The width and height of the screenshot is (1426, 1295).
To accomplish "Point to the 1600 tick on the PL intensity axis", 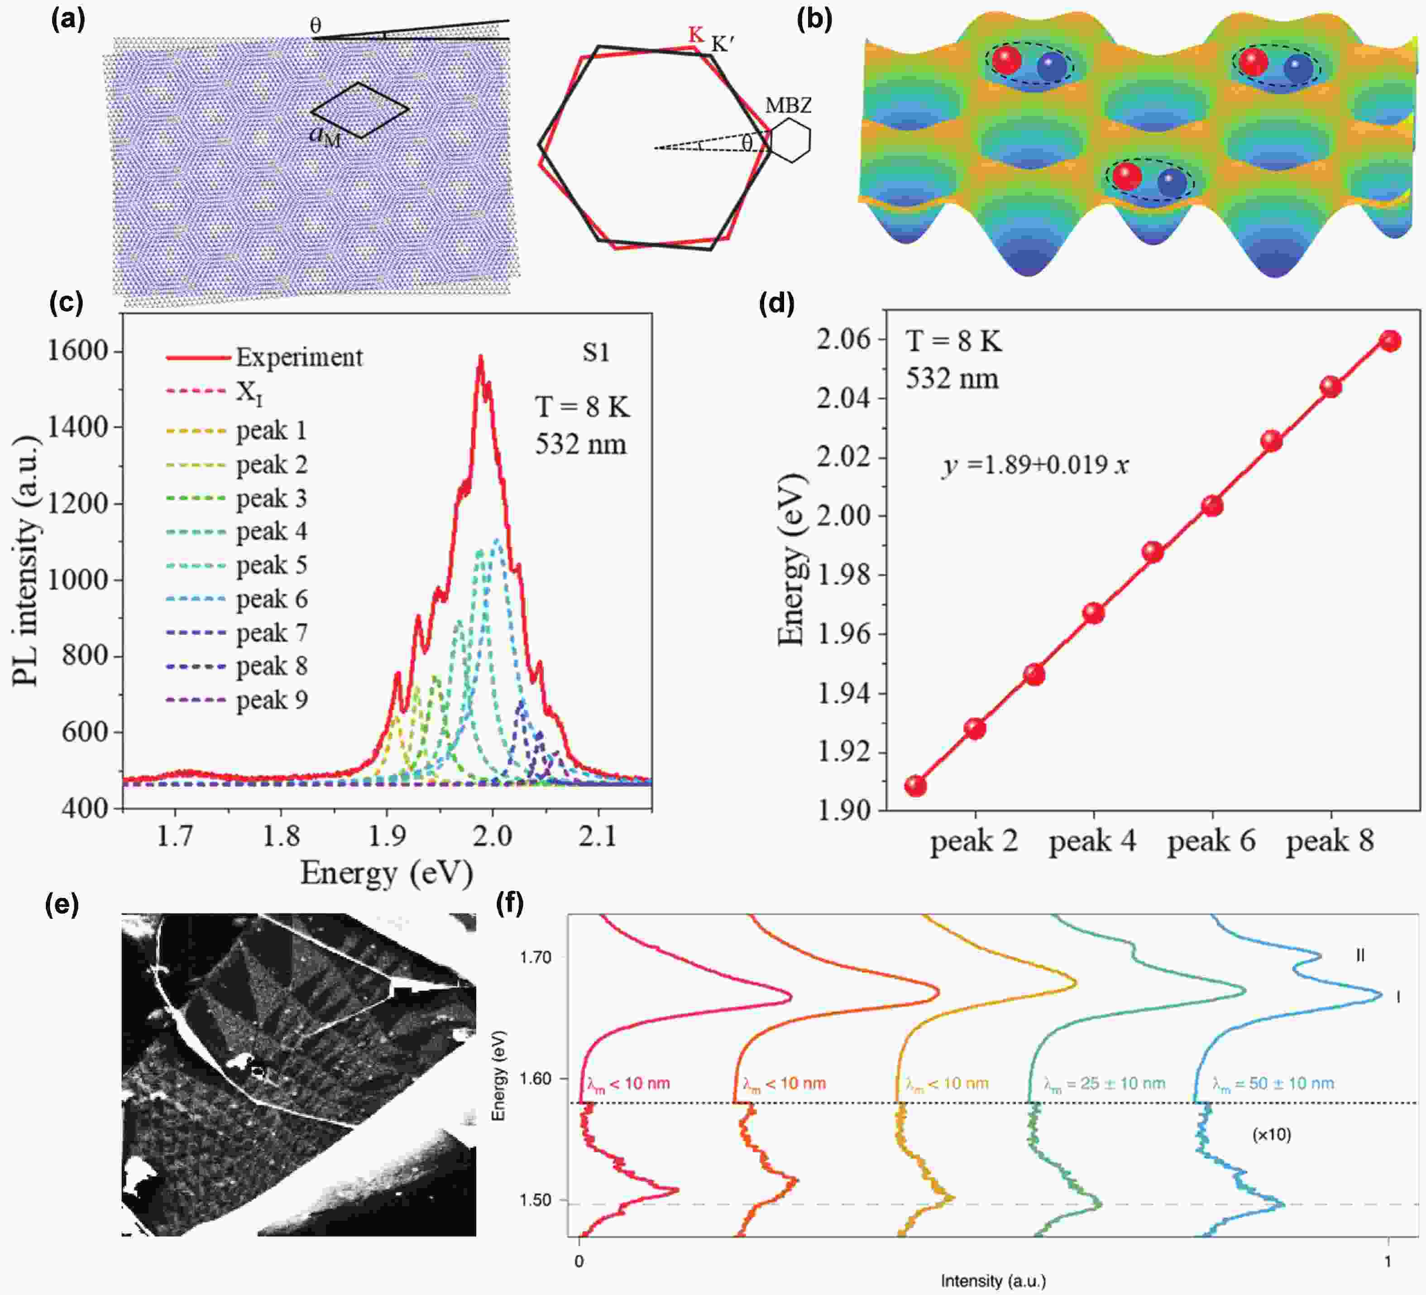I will coord(78,351).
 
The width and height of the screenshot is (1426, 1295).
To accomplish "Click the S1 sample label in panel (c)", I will coord(596,352).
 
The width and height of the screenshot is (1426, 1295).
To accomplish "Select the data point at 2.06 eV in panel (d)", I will coord(1390,341).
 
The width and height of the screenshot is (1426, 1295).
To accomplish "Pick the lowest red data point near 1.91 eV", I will coord(915,786).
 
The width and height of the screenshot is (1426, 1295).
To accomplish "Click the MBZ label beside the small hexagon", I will coord(788,106).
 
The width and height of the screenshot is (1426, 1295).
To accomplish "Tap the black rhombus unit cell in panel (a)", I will coord(360,110).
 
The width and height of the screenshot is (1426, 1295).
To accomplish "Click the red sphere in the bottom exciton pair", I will coord(1127,176).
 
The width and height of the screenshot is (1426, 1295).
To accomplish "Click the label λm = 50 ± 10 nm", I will coord(1273,1084).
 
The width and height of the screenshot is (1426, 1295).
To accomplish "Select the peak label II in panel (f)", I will coord(1359,955).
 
